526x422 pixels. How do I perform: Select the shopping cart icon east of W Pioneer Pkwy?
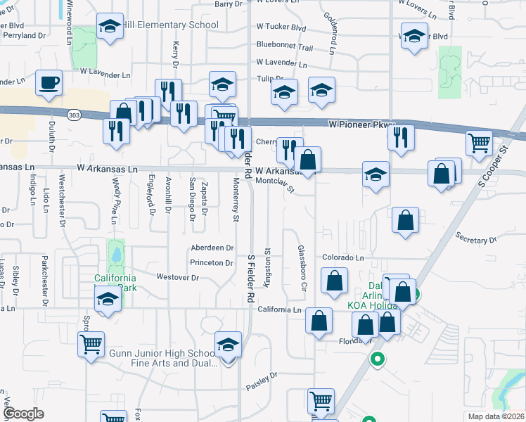[x=479, y=143]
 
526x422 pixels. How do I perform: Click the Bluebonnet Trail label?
[x=284, y=45]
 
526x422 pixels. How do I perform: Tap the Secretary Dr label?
[x=476, y=240]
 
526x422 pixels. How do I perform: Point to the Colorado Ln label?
[x=342, y=258]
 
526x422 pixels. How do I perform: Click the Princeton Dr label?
[x=212, y=263]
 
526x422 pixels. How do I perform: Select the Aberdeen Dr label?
[x=212, y=248]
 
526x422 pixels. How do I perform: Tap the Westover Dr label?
[x=178, y=278]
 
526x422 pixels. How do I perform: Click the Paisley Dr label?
[x=264, y=383]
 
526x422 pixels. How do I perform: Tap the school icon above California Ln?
[x=108, y=299]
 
